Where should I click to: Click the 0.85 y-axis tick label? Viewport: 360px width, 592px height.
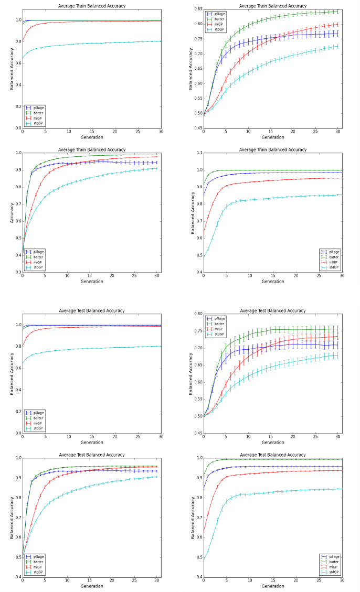197,9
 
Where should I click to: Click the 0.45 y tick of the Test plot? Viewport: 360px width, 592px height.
197,433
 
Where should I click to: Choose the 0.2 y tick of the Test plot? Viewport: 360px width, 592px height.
16,412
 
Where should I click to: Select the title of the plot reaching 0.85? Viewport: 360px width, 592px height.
273,6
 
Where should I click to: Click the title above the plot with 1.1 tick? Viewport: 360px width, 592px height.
273,149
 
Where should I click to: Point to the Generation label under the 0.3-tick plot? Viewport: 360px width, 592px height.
92,282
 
